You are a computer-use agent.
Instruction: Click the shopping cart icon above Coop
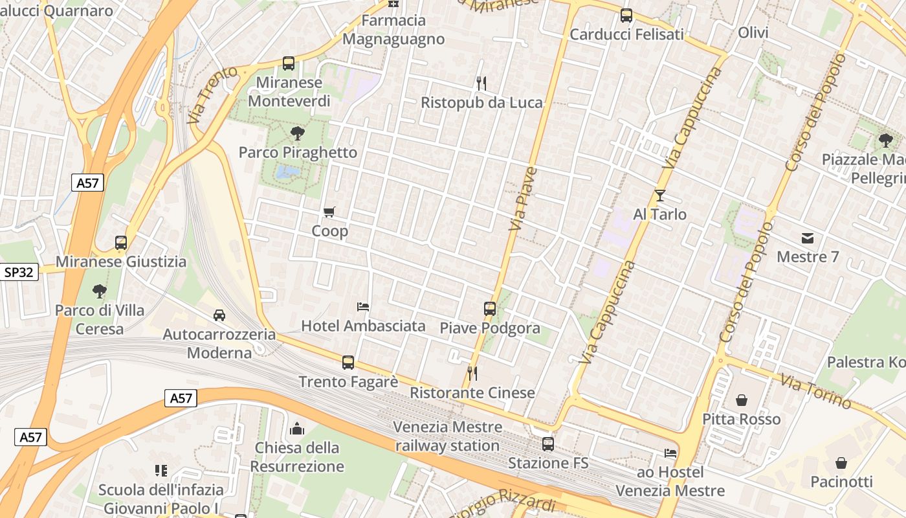pyautogui.click(x=329, y=212)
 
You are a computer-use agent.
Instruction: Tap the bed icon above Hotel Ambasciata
pyautogui.click(x=363, y=306)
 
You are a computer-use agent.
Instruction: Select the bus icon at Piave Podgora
pyautogui.click(x=490, y=309)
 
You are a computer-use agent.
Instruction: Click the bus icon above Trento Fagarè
pyautogui.click(x=348, y=363)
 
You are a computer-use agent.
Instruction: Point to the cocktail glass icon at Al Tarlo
pyautogui.click(x=659, y=195)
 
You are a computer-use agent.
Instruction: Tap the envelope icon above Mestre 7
pyautogui.click(x=808, y=238)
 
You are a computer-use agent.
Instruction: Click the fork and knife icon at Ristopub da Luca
pyautogui.click(x=481, y=83)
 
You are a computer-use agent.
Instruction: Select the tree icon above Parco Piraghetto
pyautogui.click(x=298, y=133)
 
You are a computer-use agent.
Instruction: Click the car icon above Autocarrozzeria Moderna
pyautogui.click(x=219, y=315)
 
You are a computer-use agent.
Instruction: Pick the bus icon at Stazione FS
pyautogui.click(x=548, y=444)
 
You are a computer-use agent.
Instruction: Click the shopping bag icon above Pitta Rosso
pyautogui.click(x=742, y=400)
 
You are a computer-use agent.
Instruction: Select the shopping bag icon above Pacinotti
pyautogui.click(x=841, y=463)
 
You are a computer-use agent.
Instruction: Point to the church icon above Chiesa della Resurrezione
pyautogui.click(x=297, y=429)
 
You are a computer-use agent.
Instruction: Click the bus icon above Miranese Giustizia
pyautogui.click(x=121, y=243)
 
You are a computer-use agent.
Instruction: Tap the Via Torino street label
pyautogui.click(x=815, y=391)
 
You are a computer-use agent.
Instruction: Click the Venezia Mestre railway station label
pyautogui.click(x=447, y=436)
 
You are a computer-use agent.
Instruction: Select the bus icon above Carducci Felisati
pyautogui.click(x=626, y=16)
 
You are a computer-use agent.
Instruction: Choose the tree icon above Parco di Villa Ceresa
pyautogui.click(x=99, y=291)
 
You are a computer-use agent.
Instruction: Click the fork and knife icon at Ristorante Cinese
pyautogui.click(x=472, y=374)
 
